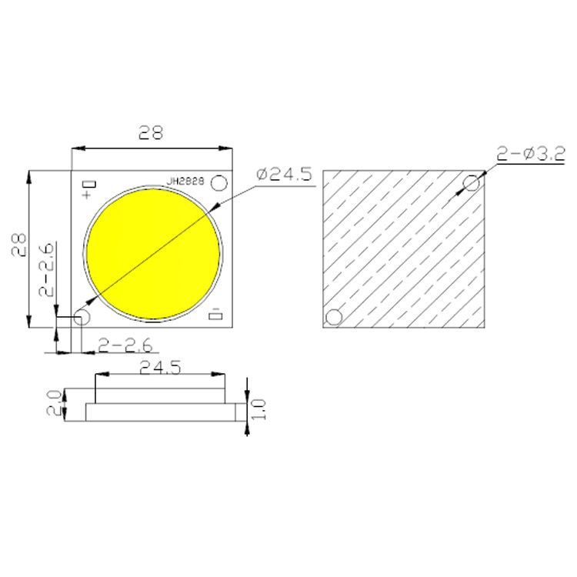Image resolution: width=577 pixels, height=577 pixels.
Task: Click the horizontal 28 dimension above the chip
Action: [151, 132]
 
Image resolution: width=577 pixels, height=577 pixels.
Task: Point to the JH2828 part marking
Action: [185, 182]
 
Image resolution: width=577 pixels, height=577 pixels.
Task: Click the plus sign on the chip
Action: [86, 195]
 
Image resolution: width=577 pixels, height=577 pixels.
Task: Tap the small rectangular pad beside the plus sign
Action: [91, 184]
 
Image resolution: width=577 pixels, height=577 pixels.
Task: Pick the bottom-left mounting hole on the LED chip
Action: [82, 316]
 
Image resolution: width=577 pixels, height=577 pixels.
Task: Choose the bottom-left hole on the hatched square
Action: [334, 316]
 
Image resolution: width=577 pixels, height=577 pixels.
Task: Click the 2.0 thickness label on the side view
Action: [53, 402]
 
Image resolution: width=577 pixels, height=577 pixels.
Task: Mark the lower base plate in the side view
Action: [161, 413]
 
